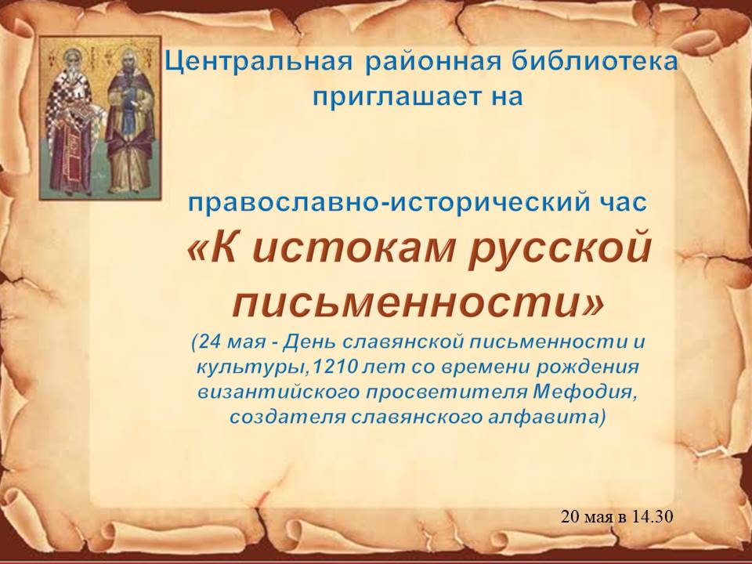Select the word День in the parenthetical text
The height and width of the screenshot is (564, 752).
(311, 343)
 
